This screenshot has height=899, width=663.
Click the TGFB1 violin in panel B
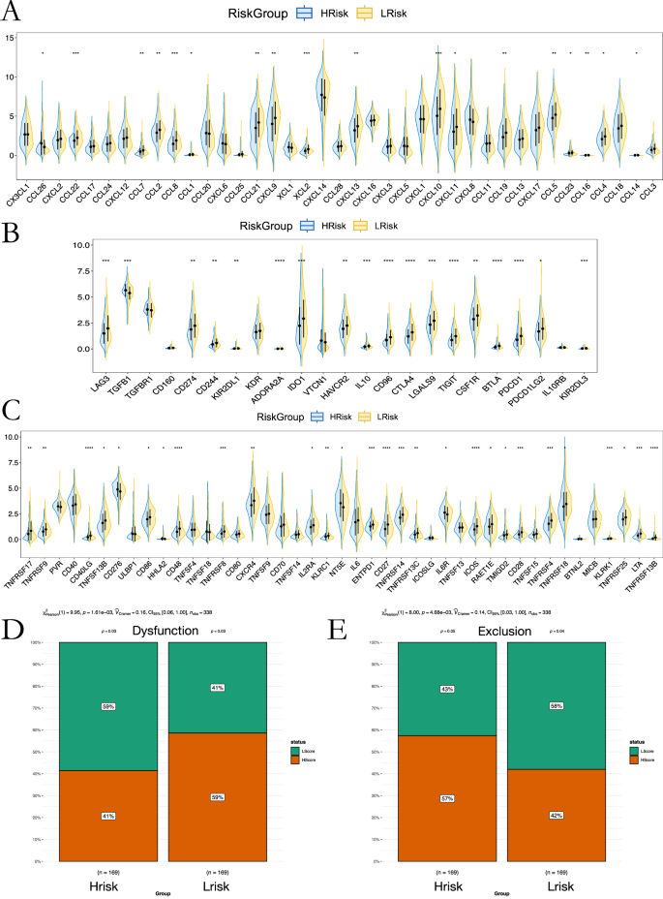tap(126, 290)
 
